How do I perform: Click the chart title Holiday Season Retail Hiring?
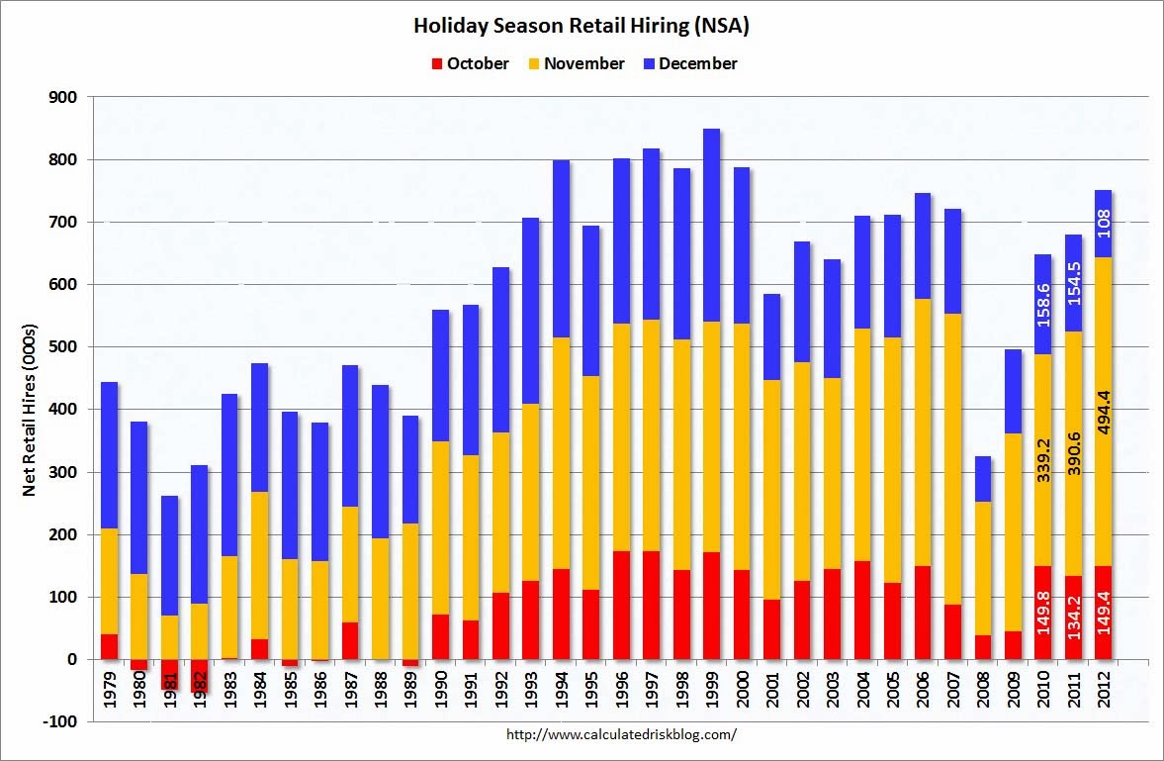click(582, 26)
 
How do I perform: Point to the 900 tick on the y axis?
click(64, 97)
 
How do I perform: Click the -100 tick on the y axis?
click(61, 721)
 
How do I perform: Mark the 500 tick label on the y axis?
click(64, 346)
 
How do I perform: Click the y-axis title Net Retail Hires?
click(29, 409)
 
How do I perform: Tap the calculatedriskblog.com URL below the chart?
click(621, 734)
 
